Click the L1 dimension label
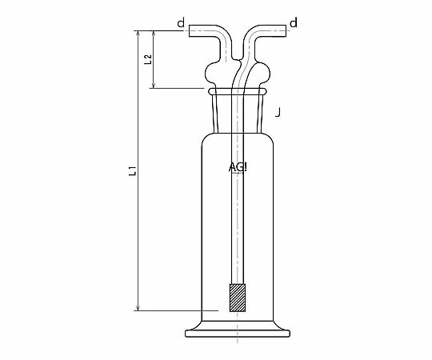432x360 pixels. coord(133,171)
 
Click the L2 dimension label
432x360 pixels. coord(148,59)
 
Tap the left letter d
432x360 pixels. coord(181,23)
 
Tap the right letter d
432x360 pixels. coord(294,23)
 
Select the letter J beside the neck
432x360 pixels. coord(278,112)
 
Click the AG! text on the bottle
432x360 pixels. coord(238,167)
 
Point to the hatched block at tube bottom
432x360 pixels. coord(238,298)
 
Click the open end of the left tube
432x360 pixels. coord(190,31)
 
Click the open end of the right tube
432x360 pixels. coord(286,31)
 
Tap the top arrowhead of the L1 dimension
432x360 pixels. coord(138,33)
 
